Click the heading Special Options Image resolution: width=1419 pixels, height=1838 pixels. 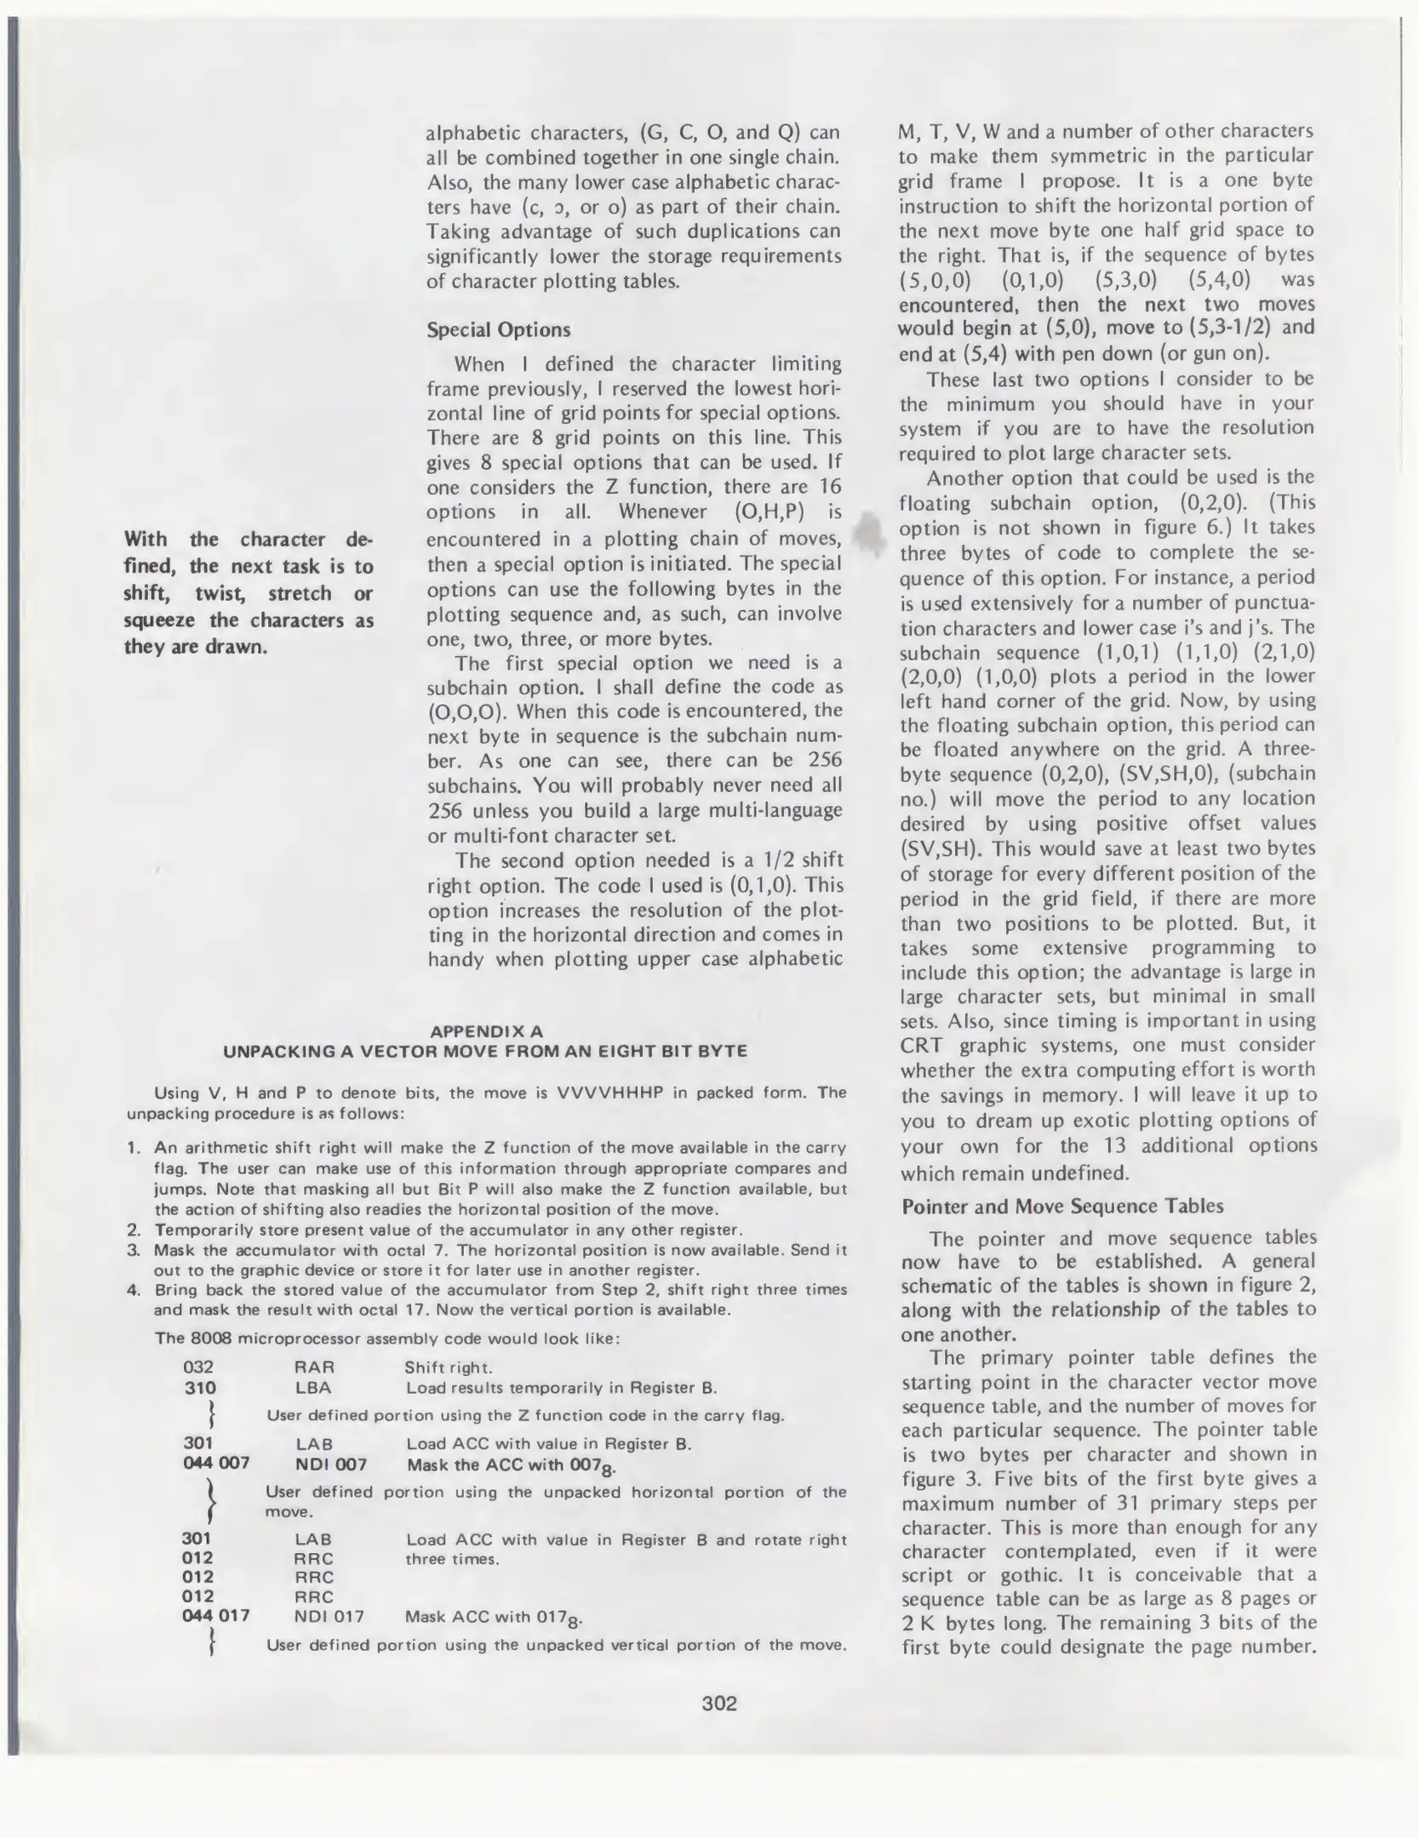[498, 329]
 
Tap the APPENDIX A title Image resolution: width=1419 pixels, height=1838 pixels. [486, 1031]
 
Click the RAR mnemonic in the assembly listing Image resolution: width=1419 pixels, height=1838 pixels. [314, 1367]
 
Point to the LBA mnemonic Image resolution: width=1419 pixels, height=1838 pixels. [313, 1388]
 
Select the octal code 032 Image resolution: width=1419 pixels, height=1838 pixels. [198, 1367]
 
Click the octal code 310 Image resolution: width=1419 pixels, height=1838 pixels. [200, 1388]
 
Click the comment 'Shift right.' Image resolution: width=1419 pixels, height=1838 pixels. [448, 1367]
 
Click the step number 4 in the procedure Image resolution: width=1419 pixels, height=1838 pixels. [133, 1289]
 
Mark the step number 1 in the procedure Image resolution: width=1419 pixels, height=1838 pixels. [133, 1148]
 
